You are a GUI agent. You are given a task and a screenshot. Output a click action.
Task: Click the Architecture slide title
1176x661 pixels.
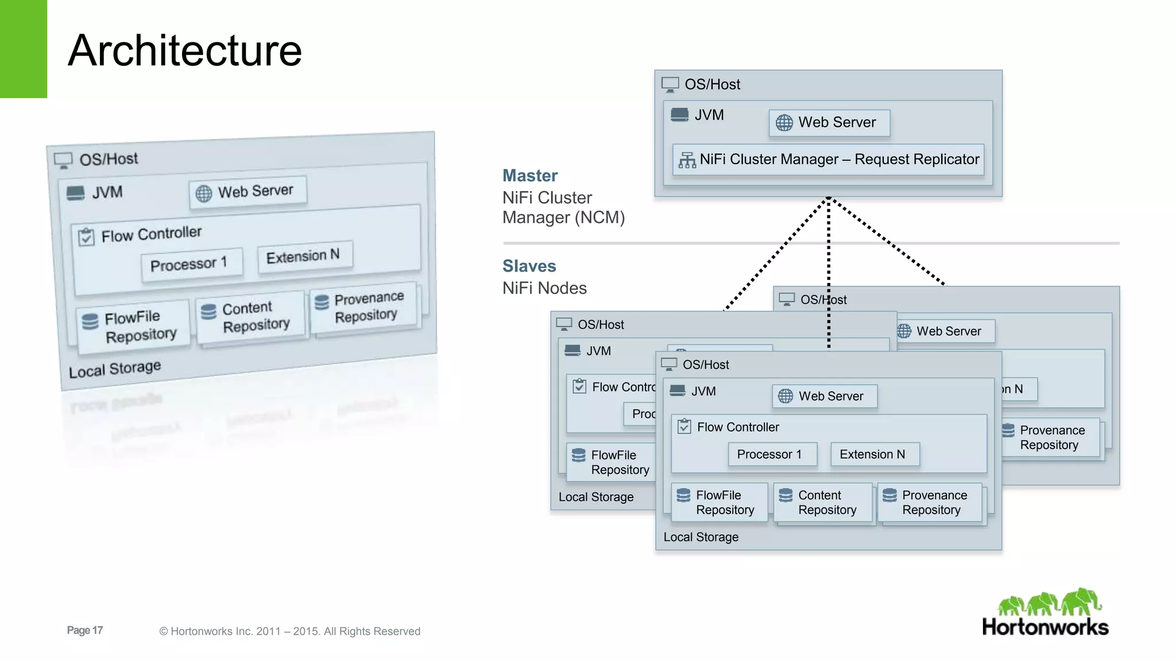point(184,50)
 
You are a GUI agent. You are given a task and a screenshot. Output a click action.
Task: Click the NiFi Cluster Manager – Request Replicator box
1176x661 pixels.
point(828,160)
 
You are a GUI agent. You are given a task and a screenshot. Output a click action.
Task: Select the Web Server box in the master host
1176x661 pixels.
point(829,123)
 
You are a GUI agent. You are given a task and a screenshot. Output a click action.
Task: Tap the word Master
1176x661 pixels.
point(529,176)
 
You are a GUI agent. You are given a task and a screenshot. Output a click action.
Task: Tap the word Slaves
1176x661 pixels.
point(529,266)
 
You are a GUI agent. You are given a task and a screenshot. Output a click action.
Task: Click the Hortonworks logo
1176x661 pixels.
point(1046,613)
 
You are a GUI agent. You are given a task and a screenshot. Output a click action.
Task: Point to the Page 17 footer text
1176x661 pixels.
point(84,630)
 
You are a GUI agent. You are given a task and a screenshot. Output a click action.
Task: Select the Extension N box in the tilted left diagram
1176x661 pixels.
point(304,255)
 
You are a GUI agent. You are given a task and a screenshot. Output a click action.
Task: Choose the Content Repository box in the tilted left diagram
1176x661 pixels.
point(250,317)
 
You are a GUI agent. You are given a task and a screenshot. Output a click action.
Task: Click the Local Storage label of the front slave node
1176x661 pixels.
point(701,537)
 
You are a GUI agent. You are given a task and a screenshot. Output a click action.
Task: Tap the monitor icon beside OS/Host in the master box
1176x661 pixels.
point(670,84)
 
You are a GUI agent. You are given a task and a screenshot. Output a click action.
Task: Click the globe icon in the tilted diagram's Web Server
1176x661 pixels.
point(203,193)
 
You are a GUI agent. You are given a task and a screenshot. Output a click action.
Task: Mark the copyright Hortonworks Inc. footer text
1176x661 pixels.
point(289,631)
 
